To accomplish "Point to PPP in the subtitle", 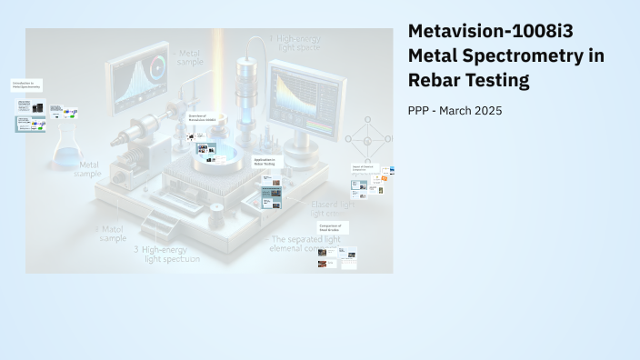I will click(422, 111).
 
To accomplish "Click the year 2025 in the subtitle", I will click(486, 111).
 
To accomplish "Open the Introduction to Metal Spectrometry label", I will click(26, 85).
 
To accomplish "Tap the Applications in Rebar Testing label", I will click(267, 161).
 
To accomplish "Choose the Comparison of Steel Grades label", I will click(333, 227).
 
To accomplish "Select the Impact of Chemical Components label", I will click(365, 168).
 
